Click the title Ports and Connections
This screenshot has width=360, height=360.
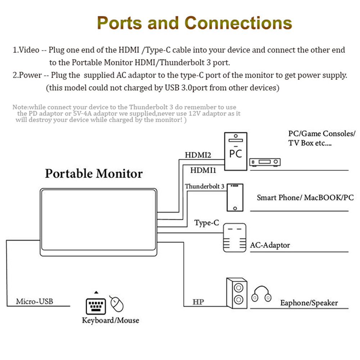[x=194, y=23]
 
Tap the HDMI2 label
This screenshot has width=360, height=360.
[x=198, y=156]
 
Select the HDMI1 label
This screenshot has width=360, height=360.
[x=203, y=170]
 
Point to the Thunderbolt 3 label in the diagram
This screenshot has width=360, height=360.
[x=204, y=186]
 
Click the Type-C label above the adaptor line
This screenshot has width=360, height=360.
[x=207, y=223]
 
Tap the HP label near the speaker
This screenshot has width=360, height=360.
[x=198, y=302]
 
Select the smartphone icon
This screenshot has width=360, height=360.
[x=235, y=197]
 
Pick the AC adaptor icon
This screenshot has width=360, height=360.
[x=235, y=238]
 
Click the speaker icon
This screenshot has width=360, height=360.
[x=237, y=293]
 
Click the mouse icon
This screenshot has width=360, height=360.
[x=117, y=304]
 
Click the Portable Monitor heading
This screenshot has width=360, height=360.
[x=94, y=174]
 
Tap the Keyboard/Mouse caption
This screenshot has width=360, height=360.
[x=110, y=320]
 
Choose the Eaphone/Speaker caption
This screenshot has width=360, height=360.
[x=309, y=303]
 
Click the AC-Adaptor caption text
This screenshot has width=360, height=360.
[x=270, y=245]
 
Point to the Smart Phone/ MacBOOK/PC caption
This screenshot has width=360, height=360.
[x=305, y=198]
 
